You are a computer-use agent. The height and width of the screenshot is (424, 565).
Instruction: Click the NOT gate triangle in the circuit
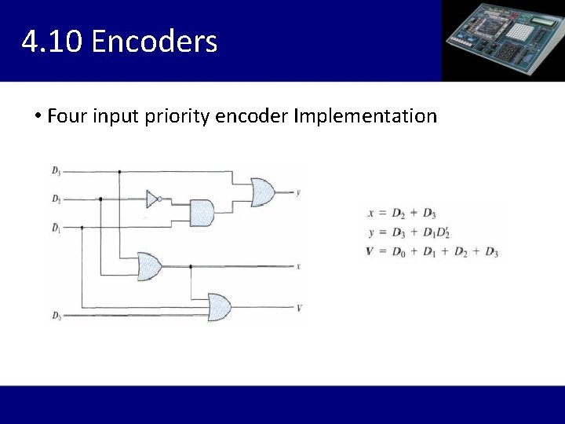[152, 199]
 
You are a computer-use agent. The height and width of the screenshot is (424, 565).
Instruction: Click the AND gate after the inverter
[202, 212]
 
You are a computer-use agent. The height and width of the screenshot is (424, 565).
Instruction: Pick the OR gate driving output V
[219, 307]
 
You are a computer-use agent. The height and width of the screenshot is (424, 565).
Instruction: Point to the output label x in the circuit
[298, 266]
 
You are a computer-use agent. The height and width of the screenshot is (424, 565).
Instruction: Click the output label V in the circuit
[299, 307]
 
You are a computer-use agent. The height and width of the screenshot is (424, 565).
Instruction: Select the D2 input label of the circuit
[56, 199]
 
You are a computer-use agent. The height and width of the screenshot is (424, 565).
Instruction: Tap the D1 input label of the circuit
[56, 228]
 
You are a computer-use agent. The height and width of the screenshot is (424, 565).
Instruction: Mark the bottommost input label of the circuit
[56, 316]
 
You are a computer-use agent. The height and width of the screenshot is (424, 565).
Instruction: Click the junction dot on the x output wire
[191, 266]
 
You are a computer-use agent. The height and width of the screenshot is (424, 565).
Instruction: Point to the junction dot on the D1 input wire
[82, 228]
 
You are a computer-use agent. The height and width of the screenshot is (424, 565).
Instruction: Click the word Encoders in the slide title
[154, 41]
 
